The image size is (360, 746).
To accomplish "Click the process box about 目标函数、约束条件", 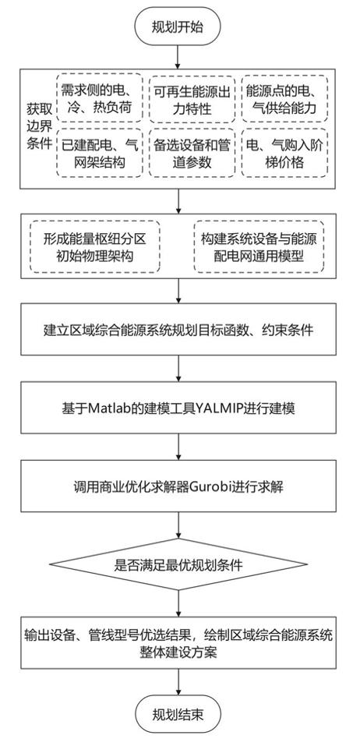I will click(179, 331).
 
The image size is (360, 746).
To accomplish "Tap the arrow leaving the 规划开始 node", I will click(179, 55).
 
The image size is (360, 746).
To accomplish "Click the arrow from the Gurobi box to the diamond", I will click(179, 522).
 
